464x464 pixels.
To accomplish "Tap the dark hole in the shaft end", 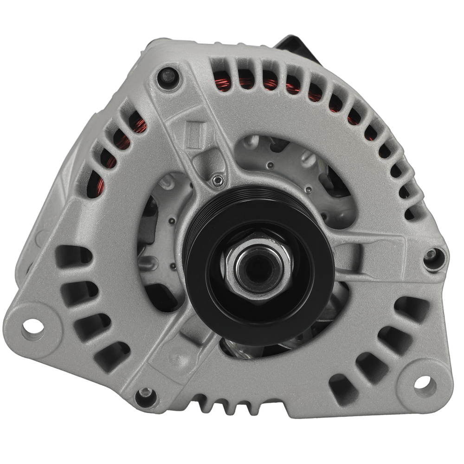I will click(x=259, y=269).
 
